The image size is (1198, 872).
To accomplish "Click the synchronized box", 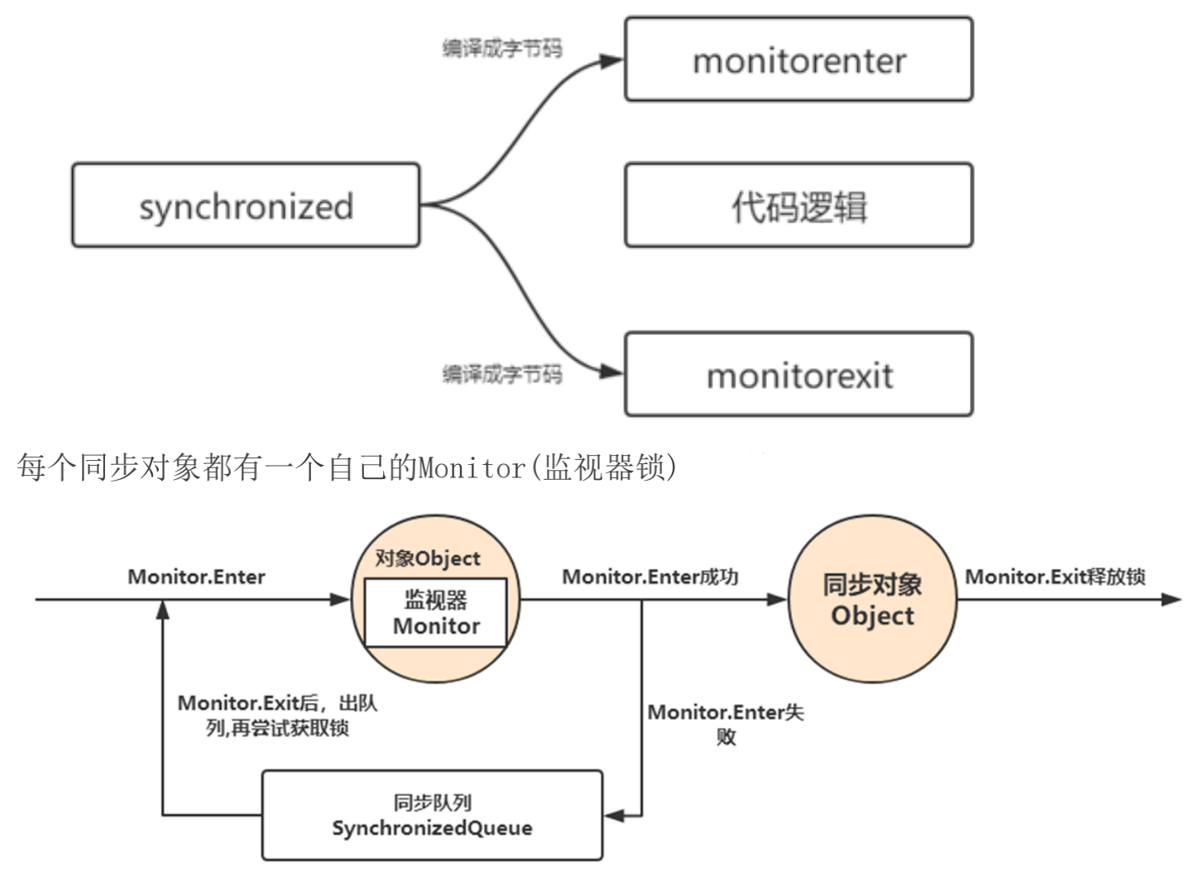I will (x=246, y=205).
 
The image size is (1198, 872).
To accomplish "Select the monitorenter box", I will (x=798, y=60).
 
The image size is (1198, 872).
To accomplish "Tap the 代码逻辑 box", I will (x=798, y=205).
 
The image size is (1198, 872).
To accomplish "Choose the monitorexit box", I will (x=798, y=375).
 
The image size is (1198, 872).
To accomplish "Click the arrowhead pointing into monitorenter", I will (x=613, y=60).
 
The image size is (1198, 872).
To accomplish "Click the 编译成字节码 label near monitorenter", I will (x=501, y=48).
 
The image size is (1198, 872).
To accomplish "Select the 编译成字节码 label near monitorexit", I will (x=501, y=374).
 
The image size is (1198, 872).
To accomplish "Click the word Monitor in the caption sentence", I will (x=472, y=468).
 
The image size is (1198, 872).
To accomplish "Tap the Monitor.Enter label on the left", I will (x=196, y=577).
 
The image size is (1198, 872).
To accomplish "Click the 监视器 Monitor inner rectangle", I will (x=436, y=613).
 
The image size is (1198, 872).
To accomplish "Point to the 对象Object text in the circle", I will (x=427, y=558).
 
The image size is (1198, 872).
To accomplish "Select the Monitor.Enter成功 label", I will (x=649, y=577).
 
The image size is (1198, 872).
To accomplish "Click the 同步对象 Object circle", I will (x=872, y=600).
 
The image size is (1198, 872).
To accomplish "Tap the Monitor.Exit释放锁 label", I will (x=1055, y=577).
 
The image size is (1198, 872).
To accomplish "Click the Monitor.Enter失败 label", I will (x=725, y=724).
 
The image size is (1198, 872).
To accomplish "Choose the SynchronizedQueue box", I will (x=432, y=816).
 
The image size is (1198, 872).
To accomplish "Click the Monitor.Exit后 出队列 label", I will (x=277, y=716).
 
